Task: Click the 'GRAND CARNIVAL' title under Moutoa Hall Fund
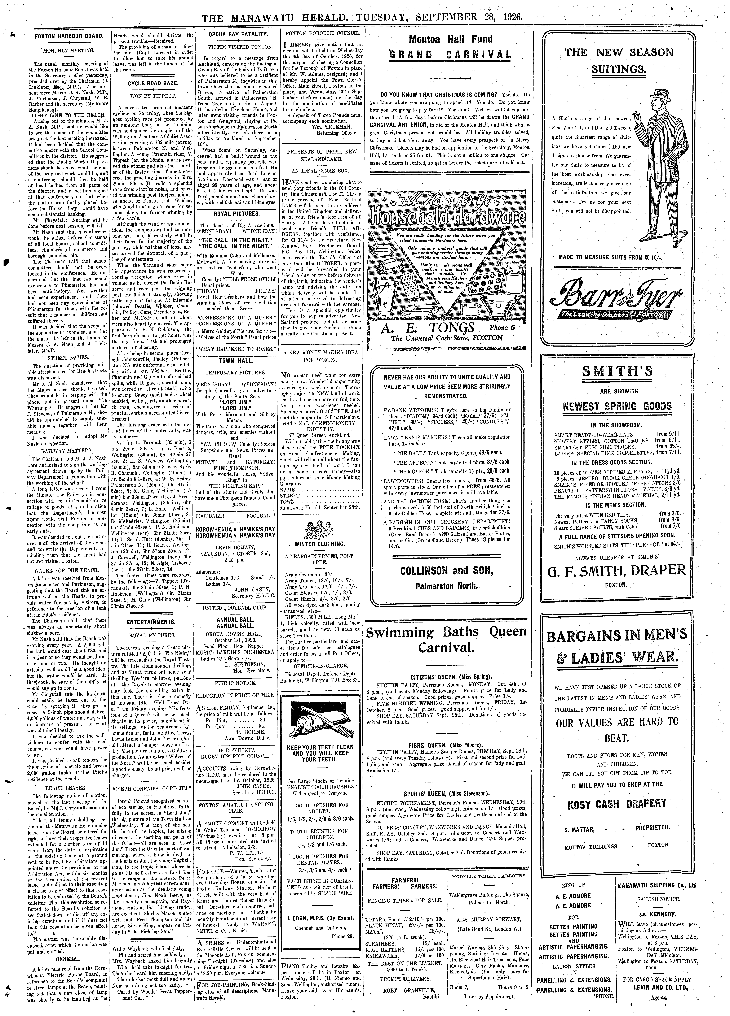pyautogui.click(x=450, y=55)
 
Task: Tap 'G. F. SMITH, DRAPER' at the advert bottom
pyautogui.click(x=618, y=570)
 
